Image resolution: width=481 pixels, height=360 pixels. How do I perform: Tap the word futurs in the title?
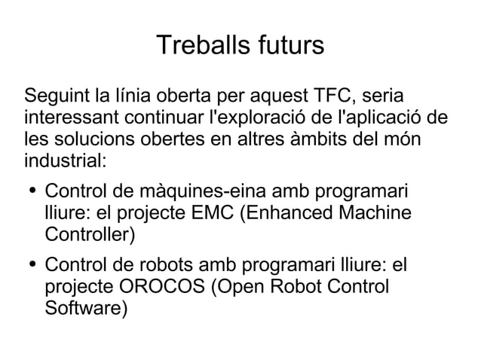(287, 46)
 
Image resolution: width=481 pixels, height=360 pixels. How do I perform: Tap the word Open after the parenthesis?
(237, 288)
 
